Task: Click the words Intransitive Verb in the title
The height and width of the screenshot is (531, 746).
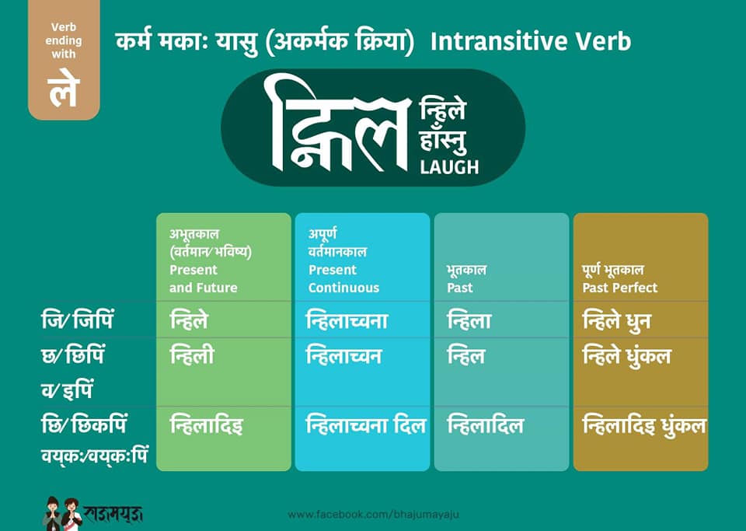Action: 531,41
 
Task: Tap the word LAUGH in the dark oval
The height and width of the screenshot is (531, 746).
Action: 449,167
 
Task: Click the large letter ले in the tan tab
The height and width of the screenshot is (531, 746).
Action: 63,89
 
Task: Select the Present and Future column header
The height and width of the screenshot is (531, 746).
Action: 204,278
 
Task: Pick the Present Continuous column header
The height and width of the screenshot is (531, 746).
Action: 343,278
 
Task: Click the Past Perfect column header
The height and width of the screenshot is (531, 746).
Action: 619,288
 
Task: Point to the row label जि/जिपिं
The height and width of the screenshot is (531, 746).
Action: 78,320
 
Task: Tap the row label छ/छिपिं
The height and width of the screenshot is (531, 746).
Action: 73,355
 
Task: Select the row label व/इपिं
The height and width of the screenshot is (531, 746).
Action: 67,390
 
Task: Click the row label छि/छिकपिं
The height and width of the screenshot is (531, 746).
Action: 84,425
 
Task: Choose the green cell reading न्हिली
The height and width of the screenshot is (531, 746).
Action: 192,355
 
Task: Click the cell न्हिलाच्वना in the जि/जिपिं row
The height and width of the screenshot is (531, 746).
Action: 347,320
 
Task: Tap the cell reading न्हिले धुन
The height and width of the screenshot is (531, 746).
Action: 616,320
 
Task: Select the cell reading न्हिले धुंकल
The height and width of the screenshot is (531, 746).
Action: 626,356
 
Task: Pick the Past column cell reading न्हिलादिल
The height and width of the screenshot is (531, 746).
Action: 485,425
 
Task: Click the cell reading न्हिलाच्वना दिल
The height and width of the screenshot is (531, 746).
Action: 366,425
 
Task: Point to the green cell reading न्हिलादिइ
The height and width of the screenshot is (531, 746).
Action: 206,425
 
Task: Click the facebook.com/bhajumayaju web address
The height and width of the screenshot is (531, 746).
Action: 374,515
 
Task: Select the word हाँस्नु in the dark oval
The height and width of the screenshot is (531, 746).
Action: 443,141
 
